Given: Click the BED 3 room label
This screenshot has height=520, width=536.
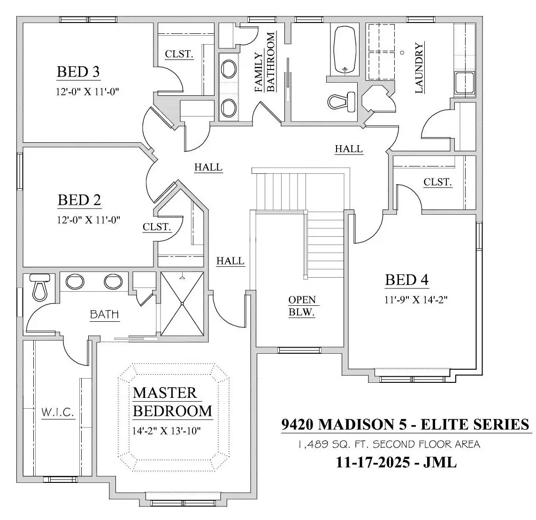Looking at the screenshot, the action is coord(78,72).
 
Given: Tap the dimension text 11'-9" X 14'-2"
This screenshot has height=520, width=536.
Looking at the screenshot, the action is coord(416,300).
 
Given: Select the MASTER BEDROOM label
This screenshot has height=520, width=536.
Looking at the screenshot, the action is coord(172,402).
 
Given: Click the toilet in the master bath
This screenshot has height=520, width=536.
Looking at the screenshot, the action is coord(39,287).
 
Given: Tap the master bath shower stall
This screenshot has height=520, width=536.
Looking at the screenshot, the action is coord(182,304).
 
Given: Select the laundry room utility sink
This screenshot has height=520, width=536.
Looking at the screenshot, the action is coord(464,83).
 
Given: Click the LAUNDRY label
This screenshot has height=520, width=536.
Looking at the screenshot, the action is coord(419,68).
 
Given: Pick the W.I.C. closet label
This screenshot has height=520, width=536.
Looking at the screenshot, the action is coord(58,412).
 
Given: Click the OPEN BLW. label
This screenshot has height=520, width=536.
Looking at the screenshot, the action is coord(302,306).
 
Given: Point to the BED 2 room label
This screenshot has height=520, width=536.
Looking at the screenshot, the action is coord(79,200).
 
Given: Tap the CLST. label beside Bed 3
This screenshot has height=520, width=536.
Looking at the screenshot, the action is coord(179,54).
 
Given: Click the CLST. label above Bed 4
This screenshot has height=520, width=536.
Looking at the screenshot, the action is coord(437,182).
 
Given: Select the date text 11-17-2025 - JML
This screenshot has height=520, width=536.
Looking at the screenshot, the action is coord(396,463).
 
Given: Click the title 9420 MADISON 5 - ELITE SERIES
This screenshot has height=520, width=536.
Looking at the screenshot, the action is coord(406,424).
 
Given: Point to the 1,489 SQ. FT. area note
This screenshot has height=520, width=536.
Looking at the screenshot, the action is coord(390,444).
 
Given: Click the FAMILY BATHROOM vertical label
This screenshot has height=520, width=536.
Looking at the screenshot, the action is coord(265,62).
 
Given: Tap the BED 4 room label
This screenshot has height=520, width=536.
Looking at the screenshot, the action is coord(406,280).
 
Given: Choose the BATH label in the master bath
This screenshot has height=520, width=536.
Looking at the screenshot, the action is coord(104,314).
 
